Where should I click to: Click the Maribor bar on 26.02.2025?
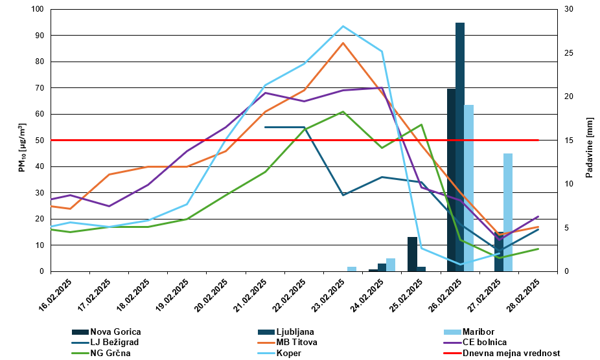pyautogui.click(x=469, y=188)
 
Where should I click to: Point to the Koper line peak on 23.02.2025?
pyautogui.click(x=343, y=27)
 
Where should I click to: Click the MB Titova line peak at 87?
pyautogui.click(x=343, y=43)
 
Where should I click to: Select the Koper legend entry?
pyautogui.click(x=288, y=354)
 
